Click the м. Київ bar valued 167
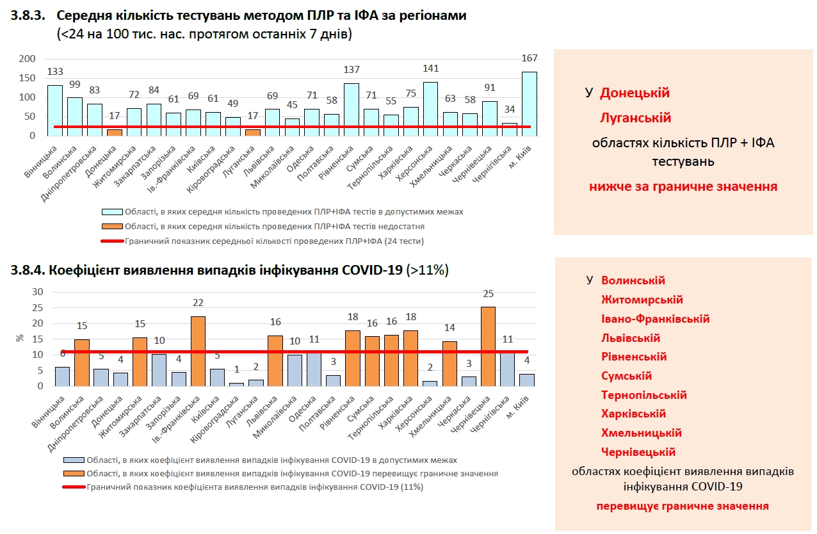pyautogui.click(x=530, y=104)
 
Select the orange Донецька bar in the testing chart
pyautogui.click(x=114, y=133)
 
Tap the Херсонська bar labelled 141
pyautogui.click(x=430, y=109)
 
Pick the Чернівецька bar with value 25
pyautogui.click(x=488, y=346)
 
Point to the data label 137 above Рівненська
pyautogui.click(x=351, y=70)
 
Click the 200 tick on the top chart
pyautogui.click(x=27, y=59)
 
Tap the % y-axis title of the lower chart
pyautogui.click(x=19, y=338)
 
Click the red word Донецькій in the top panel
pyautogui.click(x=635, y=93)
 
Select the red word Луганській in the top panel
pyautogui.click(x=635, y=118)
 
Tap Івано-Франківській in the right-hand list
pyautogui.click(x=655, y=319)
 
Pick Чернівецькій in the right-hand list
pyautogui.click(x=638, y=452)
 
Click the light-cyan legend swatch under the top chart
pyautogui.click(x=111, y=211)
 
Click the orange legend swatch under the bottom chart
pyautogui.click(x=74, y=474)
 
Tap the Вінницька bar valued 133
pyautogui.click(x=55, y=110)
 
